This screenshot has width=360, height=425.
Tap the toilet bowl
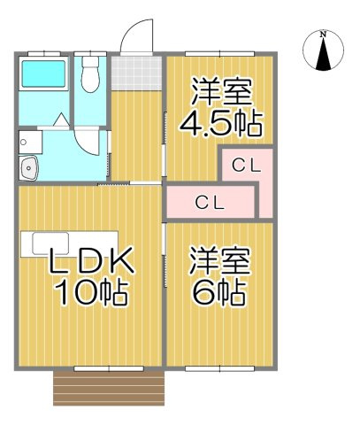90,77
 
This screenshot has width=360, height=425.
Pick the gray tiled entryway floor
135,70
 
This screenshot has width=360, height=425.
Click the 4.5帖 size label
221,122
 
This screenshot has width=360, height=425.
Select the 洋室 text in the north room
221,91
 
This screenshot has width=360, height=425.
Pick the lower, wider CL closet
211,202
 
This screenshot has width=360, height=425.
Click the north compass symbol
323,54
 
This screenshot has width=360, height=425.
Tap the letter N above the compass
323,35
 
